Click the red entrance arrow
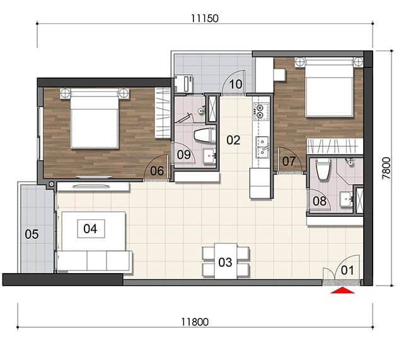coord(342,291)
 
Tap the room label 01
coord(347,270)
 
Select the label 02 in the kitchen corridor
coord(233,140)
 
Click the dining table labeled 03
coord(226,261)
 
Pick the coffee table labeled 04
coord(91,229)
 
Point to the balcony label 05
coord(32,234)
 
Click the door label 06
coord(157,171)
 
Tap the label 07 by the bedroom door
coord(289,161)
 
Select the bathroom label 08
coord(320,201)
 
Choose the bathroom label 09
coord(183,154)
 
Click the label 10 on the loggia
coord(235,84)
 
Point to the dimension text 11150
coord(205,18)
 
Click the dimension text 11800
coord(195,322)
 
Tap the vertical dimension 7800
coord(386,168)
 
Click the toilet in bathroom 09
coord(204,135)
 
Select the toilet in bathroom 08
coord(323,169)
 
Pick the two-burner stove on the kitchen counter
coord(259,112)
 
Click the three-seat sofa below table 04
coord(95,261)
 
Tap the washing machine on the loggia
coord(185,83)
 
